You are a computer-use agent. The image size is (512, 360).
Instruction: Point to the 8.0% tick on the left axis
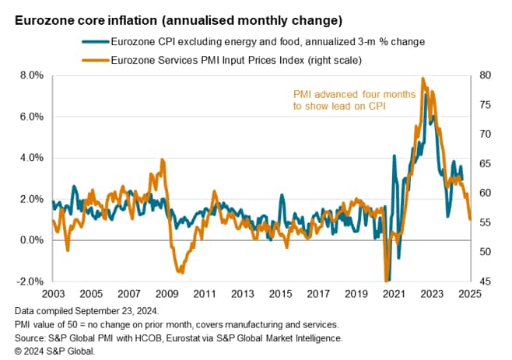(29, 75)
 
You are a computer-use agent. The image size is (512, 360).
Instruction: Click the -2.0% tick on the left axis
(28, 281)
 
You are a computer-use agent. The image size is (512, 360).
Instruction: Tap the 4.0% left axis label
(29, 158)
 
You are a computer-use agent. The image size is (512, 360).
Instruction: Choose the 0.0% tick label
(29, 240)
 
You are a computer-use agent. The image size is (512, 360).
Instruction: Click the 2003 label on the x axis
(52, 295)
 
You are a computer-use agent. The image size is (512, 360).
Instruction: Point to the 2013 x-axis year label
(242, 295)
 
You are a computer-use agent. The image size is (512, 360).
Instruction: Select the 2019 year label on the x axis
(356, 295)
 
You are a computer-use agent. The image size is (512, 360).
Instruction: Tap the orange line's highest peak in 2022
(423, 78)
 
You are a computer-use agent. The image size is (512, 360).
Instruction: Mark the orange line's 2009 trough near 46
(181, 272)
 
